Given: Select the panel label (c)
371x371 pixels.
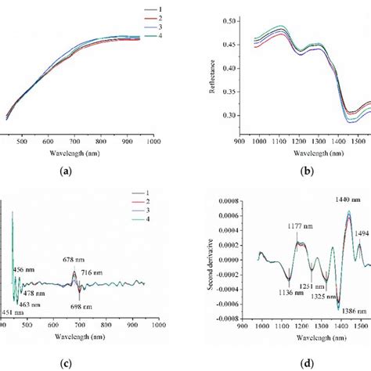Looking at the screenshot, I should [x=77, y=364].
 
